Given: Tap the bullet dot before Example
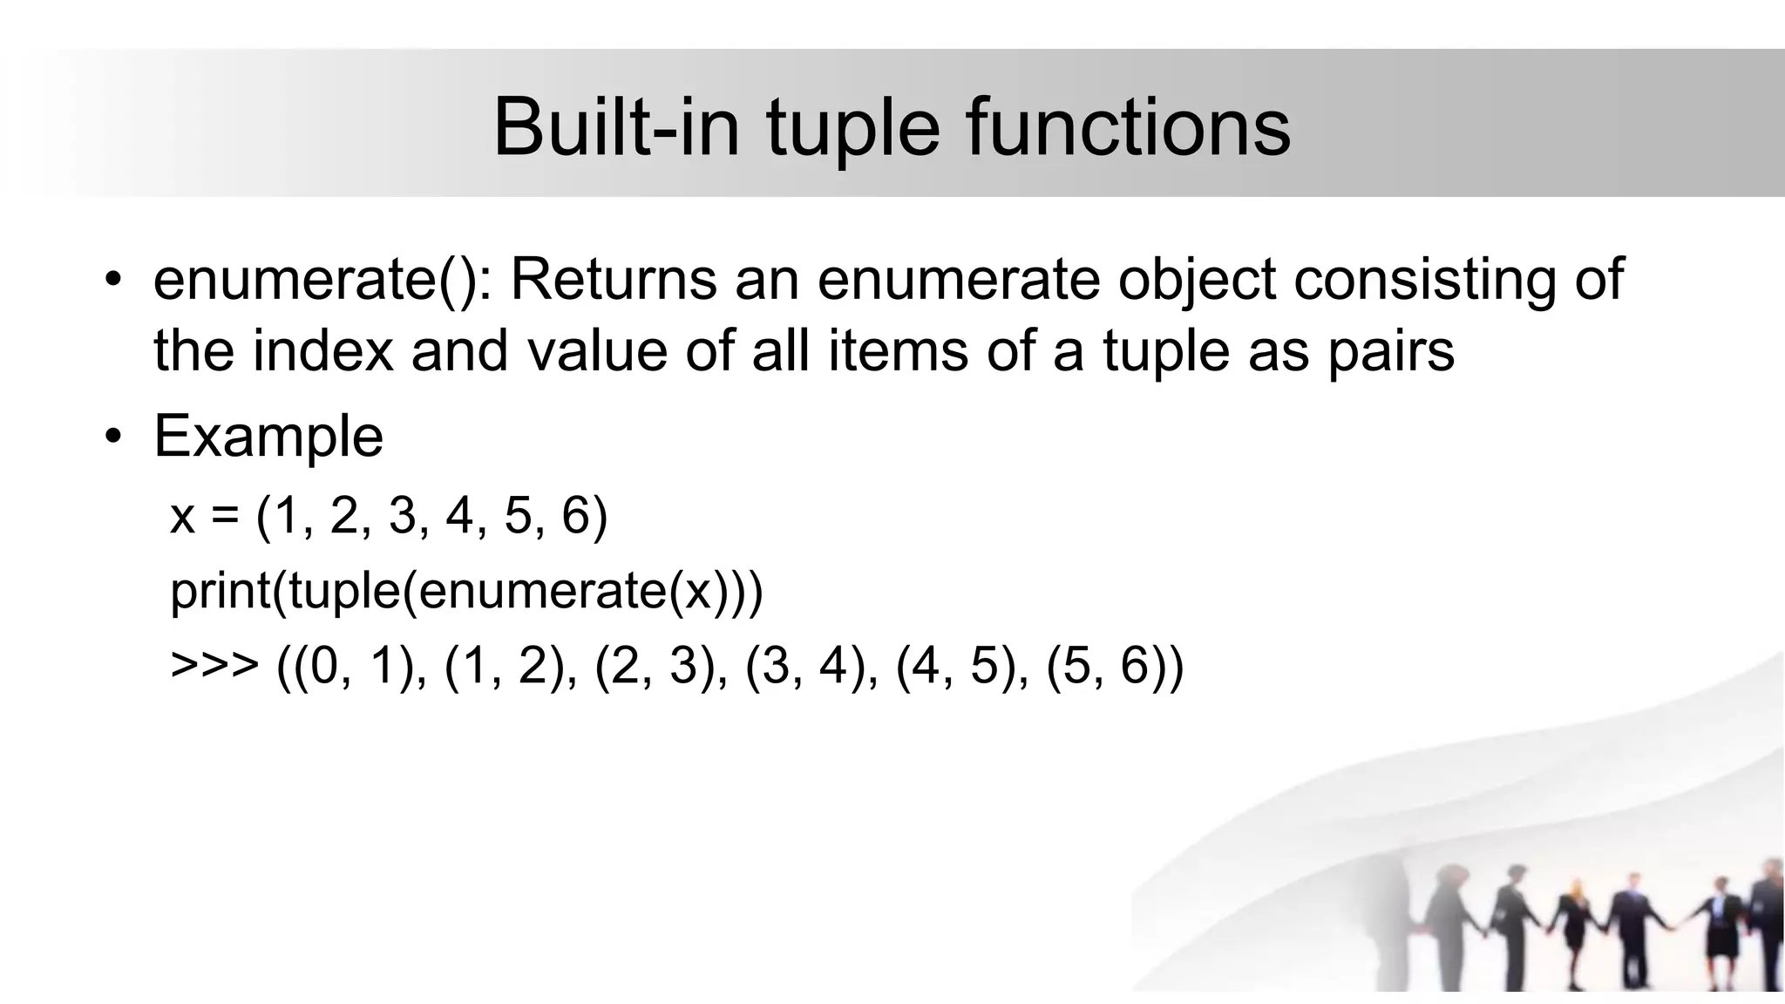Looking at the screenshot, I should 112,437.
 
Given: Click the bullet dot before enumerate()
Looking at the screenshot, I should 112,280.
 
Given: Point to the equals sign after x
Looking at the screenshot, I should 224,516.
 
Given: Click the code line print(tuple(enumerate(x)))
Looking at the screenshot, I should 466,591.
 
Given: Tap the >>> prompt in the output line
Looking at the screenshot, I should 214,666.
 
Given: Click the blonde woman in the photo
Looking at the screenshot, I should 1576,924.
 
